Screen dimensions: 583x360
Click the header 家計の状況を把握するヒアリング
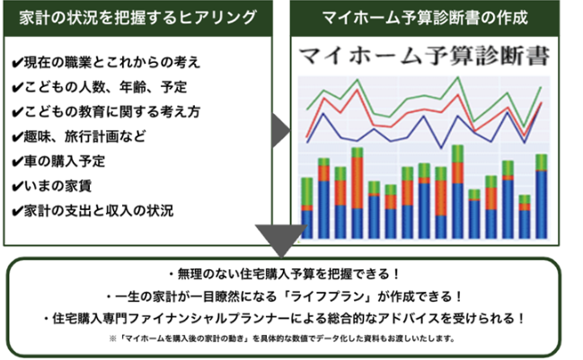[138, 17]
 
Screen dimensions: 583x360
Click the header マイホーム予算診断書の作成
[425, 17]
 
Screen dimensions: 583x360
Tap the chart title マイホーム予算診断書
[424, 56]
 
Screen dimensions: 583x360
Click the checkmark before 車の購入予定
[17, 162]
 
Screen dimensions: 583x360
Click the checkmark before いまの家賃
[17, 187]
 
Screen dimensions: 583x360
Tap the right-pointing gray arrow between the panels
[280, 130]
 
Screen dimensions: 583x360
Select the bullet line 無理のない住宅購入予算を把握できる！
[285, 274]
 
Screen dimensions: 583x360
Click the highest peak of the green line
[458, 77]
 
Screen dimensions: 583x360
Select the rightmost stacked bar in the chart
[542, 197]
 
